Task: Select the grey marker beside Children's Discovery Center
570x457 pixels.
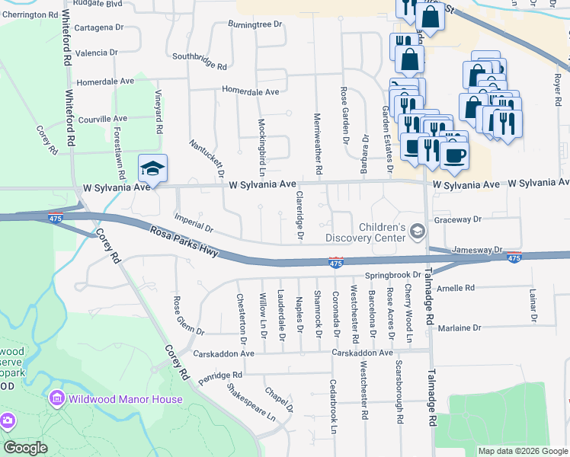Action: point(417,229)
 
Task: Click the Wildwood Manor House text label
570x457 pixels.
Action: point(126,399)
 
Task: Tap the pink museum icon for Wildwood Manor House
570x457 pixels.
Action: point(56,398)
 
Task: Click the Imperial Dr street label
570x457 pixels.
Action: point(194,222)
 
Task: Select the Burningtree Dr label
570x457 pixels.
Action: point(255,24)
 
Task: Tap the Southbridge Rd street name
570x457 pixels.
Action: point(200,61)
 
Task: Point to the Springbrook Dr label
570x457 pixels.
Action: point(392,274)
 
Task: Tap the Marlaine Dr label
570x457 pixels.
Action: point(460,328)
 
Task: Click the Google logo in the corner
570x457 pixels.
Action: point(25,448)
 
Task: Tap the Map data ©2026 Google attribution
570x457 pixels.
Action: point(522,451)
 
